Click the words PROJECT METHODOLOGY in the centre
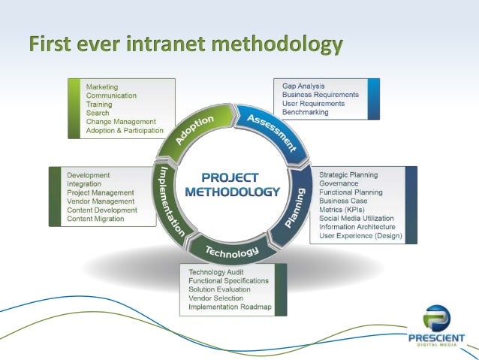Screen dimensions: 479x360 tap(231, 184)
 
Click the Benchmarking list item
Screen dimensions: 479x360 tap(306, 112)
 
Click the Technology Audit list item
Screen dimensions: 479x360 tap(221, 271)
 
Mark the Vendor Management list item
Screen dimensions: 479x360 tap(101, 201)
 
